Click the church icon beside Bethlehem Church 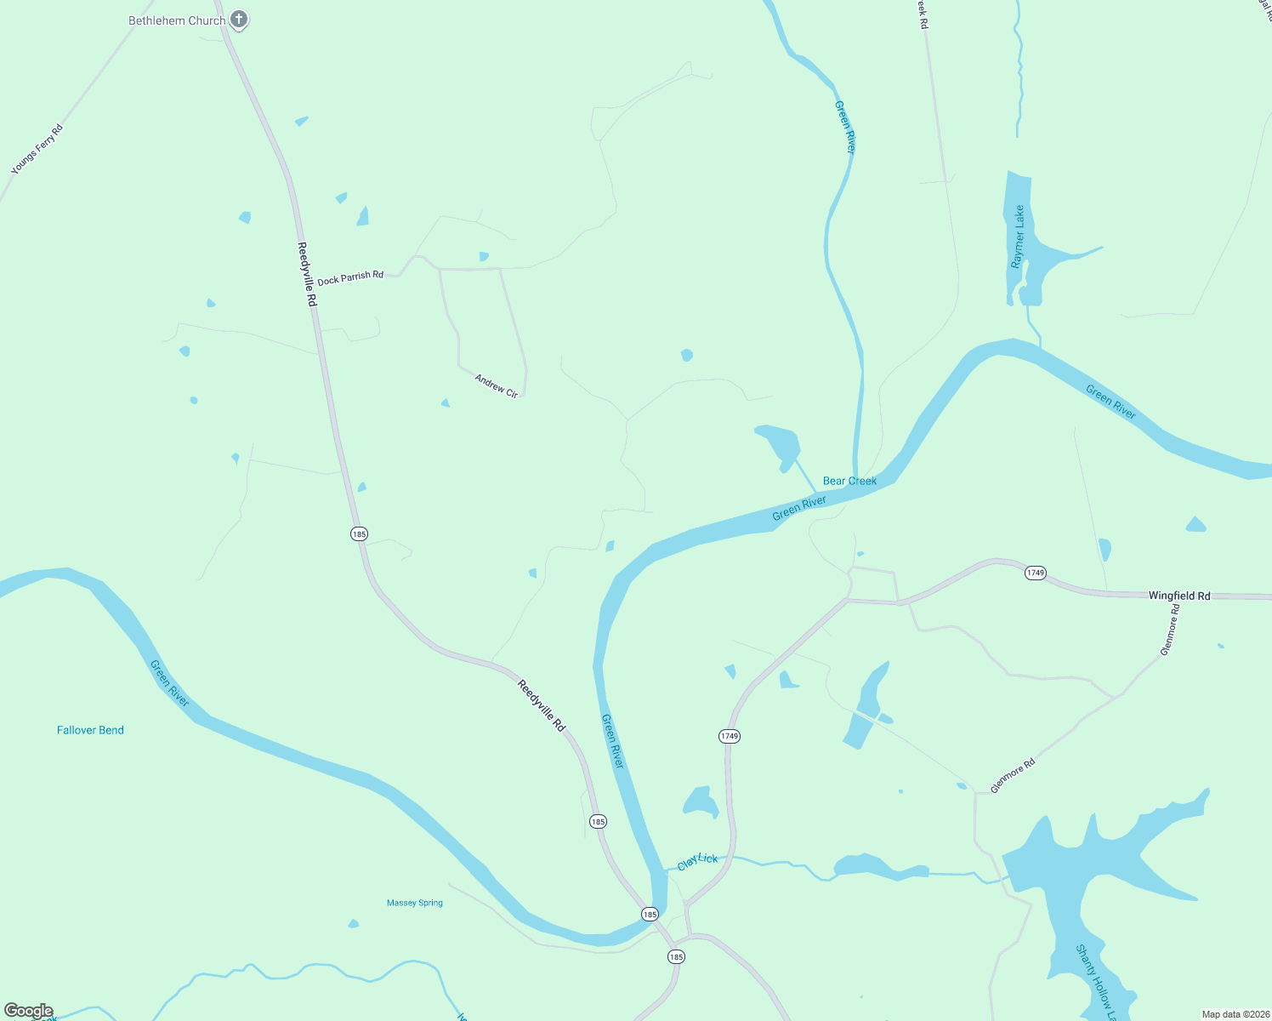point(239,19)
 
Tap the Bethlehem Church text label point(177,20)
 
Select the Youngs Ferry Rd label point(37,151)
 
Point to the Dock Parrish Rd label point(350,277)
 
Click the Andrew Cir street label point(497,386)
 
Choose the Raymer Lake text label point(1018,237)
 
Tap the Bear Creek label point(849,481)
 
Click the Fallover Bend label point(90,730)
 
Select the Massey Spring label point(415,903)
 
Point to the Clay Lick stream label point(697,862)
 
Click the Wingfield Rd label point(1179,596)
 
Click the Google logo point(28,1011)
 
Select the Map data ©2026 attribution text point(1235,1014)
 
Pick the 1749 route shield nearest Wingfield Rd point(1035,573)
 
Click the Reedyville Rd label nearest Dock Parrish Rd point(307,274)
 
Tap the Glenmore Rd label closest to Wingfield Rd point(1171,630)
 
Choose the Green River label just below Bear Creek point(799,509)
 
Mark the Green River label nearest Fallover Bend point(169,683)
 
